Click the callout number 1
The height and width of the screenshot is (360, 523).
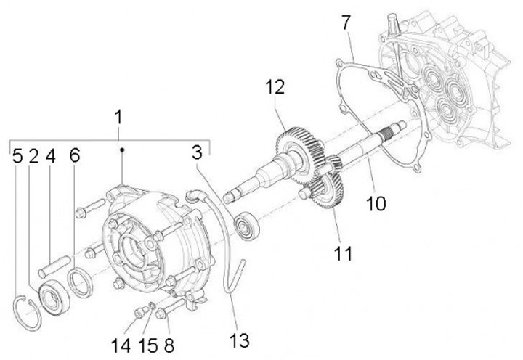[118, 116]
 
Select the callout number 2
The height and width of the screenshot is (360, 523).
[34, 156]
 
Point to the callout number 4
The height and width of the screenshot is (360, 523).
[50, 156]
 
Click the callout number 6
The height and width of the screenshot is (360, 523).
[74, 156]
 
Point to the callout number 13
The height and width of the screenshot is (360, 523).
[240, 339]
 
